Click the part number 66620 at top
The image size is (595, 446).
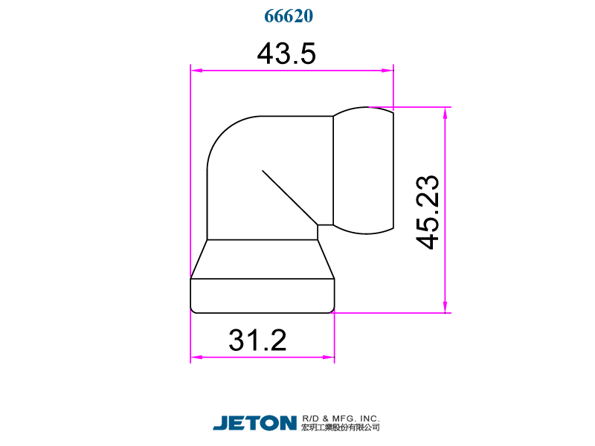[x=289, y=16]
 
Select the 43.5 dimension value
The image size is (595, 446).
[x=286, y=54]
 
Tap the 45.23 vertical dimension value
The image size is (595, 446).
[x=428, y=213]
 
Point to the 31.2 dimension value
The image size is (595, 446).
[x=257, y=340]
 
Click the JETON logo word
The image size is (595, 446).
[x=255, y=422]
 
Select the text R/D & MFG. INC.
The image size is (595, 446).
[x=341, y=418]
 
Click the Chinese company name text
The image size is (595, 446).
[x=341, y=427]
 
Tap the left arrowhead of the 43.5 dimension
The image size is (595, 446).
[x=196, y=71]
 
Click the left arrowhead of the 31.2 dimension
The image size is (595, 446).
[x=196, y=358]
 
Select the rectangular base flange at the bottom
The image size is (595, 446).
[x=262, y=296]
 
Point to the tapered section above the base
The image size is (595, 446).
[x=262, y=259]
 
